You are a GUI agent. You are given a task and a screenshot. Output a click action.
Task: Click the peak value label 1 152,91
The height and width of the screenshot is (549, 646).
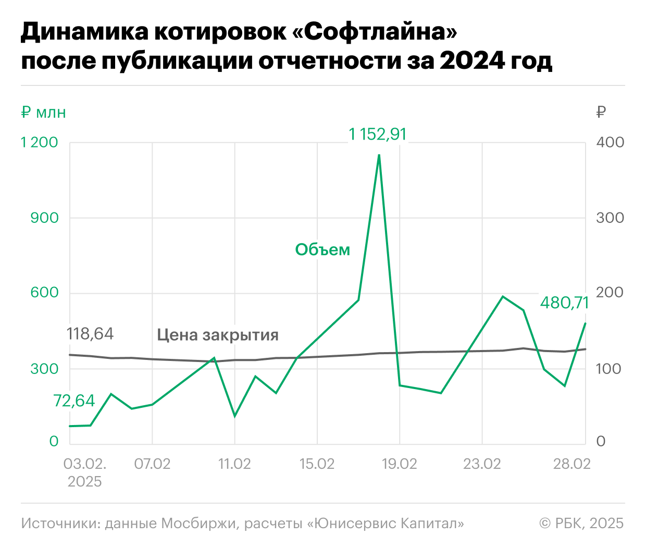[378, 134]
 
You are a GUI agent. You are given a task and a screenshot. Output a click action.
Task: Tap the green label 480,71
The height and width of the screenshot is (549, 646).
[564, 303]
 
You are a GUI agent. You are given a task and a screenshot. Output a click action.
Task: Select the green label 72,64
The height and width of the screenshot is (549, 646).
[74, 401]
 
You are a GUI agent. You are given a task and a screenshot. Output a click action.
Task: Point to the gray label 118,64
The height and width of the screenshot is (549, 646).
[90, 334]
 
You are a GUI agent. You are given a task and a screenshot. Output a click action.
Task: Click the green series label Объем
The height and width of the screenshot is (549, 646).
[322, 250]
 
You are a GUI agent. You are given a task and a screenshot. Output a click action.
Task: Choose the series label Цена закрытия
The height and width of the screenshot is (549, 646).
[218, 335]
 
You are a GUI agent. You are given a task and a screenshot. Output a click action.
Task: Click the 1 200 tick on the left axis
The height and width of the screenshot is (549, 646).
[40, 143]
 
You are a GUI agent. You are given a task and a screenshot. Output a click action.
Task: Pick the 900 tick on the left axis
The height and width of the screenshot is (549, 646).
[44, 218]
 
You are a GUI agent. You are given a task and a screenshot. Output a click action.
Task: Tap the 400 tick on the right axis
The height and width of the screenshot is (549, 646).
[610, 143]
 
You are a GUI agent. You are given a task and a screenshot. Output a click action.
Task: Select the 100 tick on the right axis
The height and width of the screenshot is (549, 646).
[609, 369]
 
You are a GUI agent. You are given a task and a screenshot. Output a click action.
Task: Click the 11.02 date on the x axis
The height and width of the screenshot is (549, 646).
[234, 464]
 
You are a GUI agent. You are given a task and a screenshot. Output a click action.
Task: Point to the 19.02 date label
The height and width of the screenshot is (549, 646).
[400, 464]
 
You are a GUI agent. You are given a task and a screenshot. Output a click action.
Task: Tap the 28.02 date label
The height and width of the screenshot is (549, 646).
[572, 464]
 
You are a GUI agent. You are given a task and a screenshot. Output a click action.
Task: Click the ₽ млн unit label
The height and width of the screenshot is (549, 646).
[44, 112]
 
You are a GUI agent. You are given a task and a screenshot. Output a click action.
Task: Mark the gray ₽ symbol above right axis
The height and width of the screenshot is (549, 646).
[601, 112]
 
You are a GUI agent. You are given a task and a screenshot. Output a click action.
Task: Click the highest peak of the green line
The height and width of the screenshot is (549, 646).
[379, 155]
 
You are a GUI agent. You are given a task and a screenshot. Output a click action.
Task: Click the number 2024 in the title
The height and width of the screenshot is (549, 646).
[472, 61]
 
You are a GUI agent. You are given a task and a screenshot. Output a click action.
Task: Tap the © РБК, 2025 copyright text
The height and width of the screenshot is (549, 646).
[581, 523]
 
